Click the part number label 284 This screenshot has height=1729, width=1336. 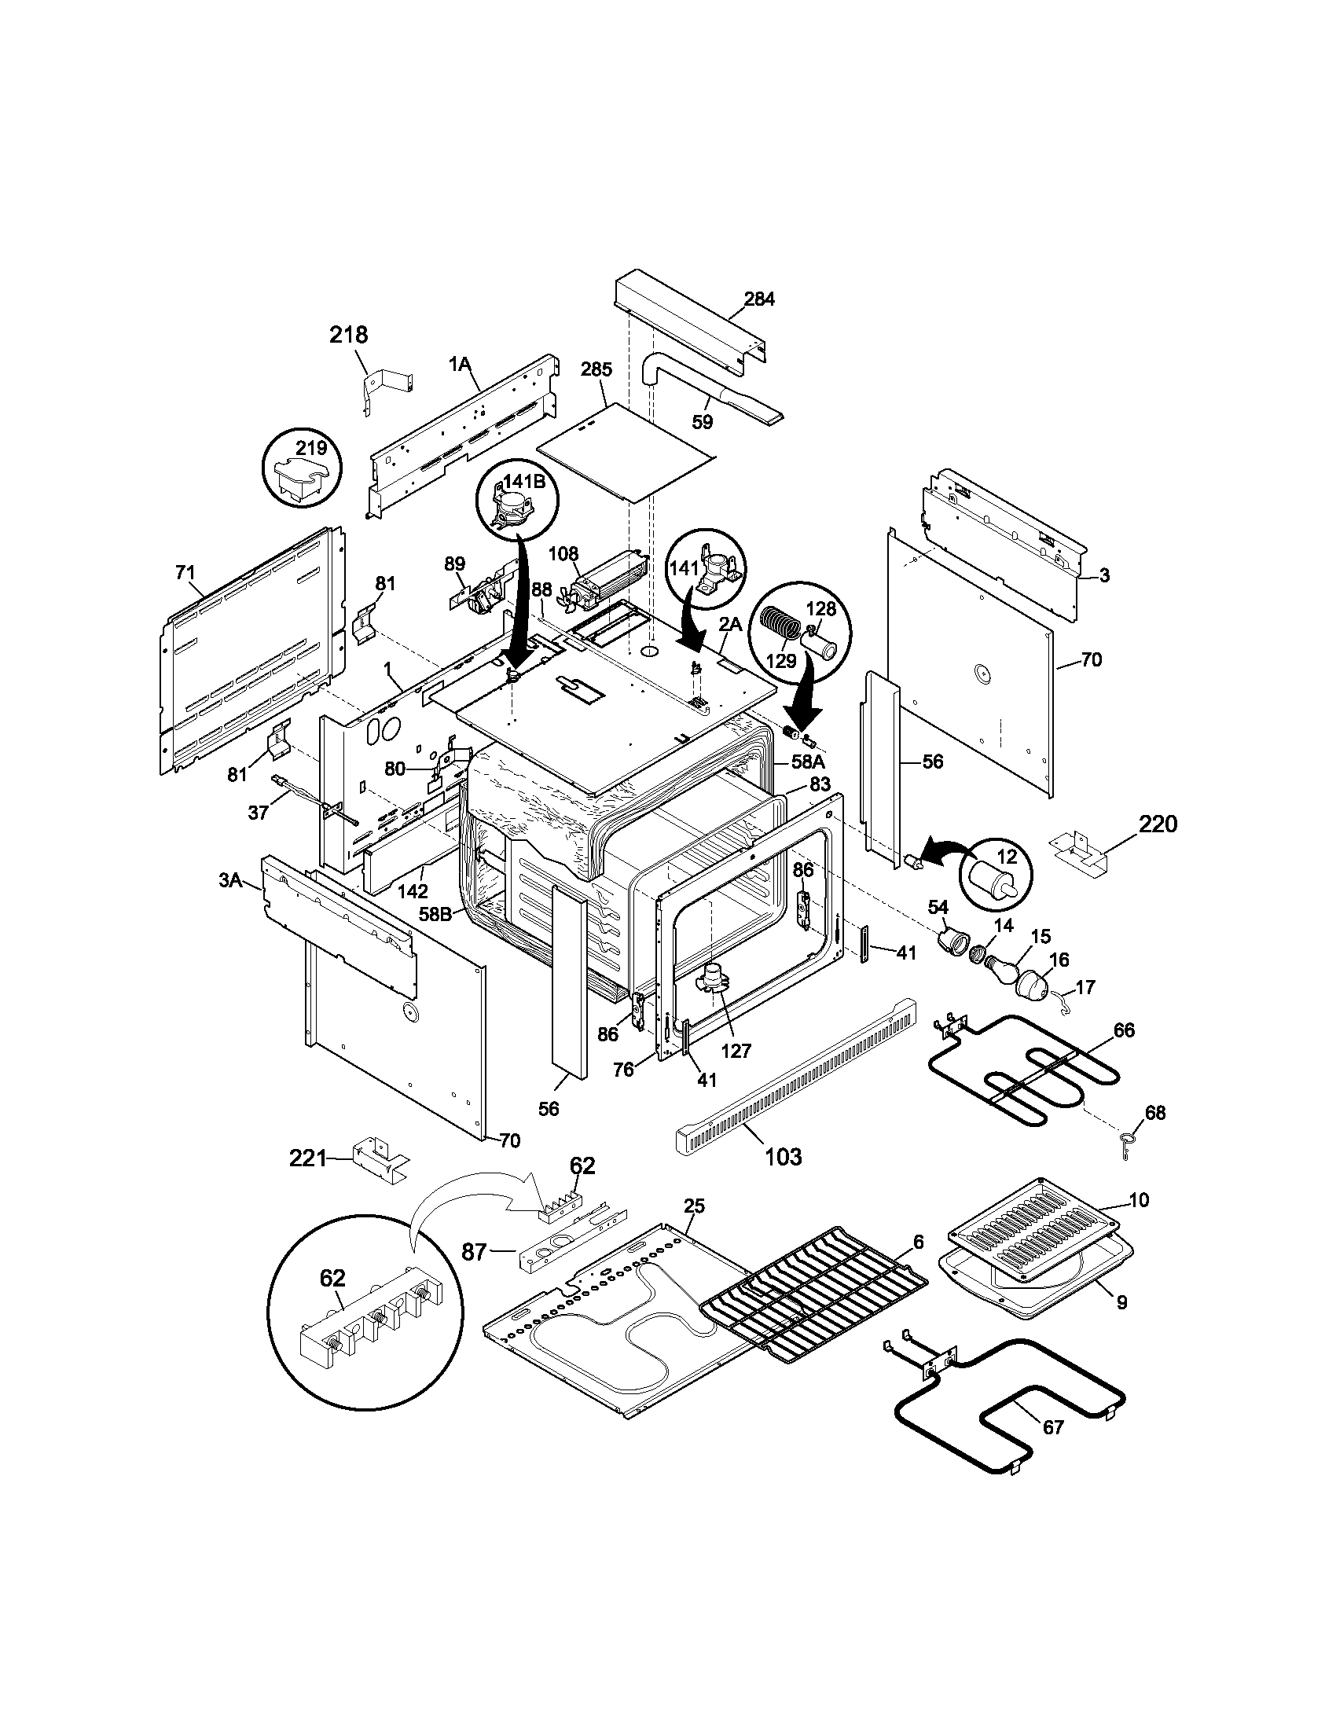click(758, 299)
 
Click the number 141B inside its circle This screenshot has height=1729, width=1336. click(518, 479)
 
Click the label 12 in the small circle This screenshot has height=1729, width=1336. click(1006, 857)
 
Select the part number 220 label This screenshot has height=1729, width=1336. click(1158, 824)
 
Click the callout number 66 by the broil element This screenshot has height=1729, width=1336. click(1124, 1030)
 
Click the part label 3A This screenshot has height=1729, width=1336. click(230, 879)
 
